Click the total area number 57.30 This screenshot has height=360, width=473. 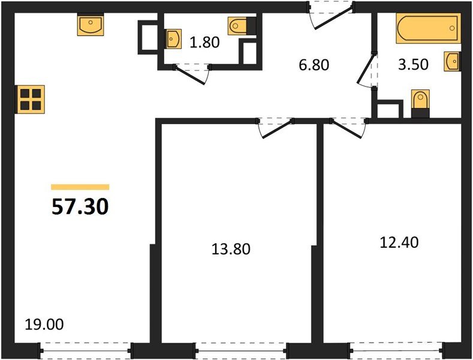[80, 207]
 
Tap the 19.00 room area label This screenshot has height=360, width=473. [44, 325]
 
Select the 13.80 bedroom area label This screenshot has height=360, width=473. [231, 248]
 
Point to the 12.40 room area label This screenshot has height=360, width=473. [399, 242]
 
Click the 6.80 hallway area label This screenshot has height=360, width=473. [314, 64]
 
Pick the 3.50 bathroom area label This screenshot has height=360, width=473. [413, 64]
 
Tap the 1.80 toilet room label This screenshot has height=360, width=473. [204, 42]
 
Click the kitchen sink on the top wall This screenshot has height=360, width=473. [91, 26]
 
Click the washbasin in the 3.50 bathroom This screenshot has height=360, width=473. [452, 62]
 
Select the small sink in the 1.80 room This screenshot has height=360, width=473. [173, 39]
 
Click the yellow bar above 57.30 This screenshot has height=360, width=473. [80, 187]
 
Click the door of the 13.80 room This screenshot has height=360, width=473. [275, 127]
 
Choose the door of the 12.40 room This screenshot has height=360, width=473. [348, 127]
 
